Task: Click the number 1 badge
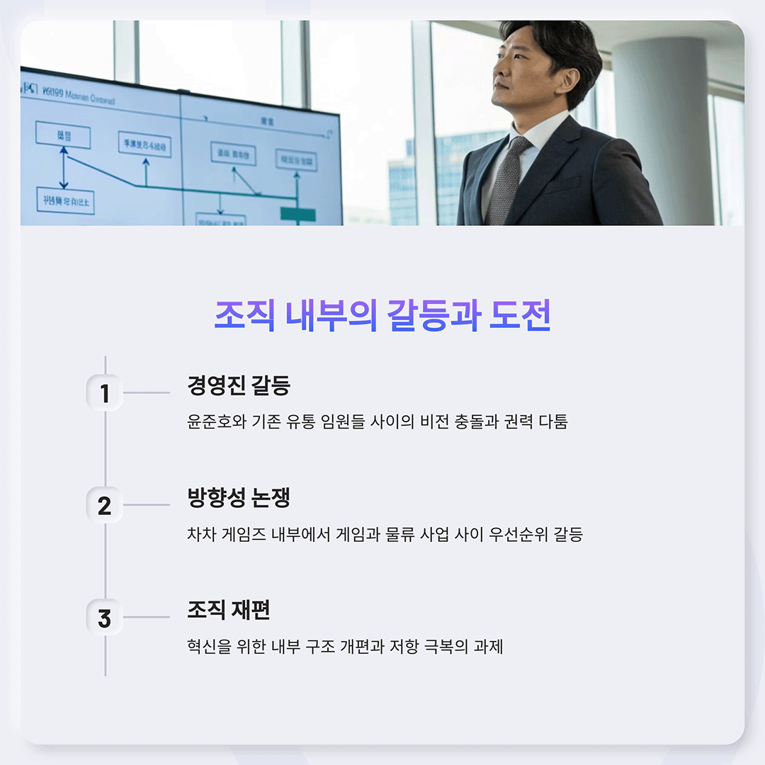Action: (x=104, y=393)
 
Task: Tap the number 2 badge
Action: (x=104, y=506)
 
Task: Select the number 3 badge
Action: (x=104, y=618)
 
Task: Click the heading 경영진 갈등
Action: (x=239, y=386)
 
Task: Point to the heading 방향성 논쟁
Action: (x=239, y=499)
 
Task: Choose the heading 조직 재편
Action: (x=229, y=610)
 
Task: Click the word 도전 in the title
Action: (x=520, y=315)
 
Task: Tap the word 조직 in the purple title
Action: (x=244, y=315)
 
